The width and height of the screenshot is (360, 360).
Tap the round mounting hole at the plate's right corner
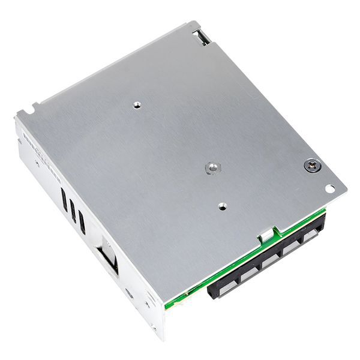coord(329,188)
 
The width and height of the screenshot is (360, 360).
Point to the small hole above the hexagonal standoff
coord(137,104)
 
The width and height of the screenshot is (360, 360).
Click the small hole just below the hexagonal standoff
coord(222,206)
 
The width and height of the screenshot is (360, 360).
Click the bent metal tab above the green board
coord(264,236)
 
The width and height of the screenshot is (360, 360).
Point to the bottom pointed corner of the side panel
coord(161,337)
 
